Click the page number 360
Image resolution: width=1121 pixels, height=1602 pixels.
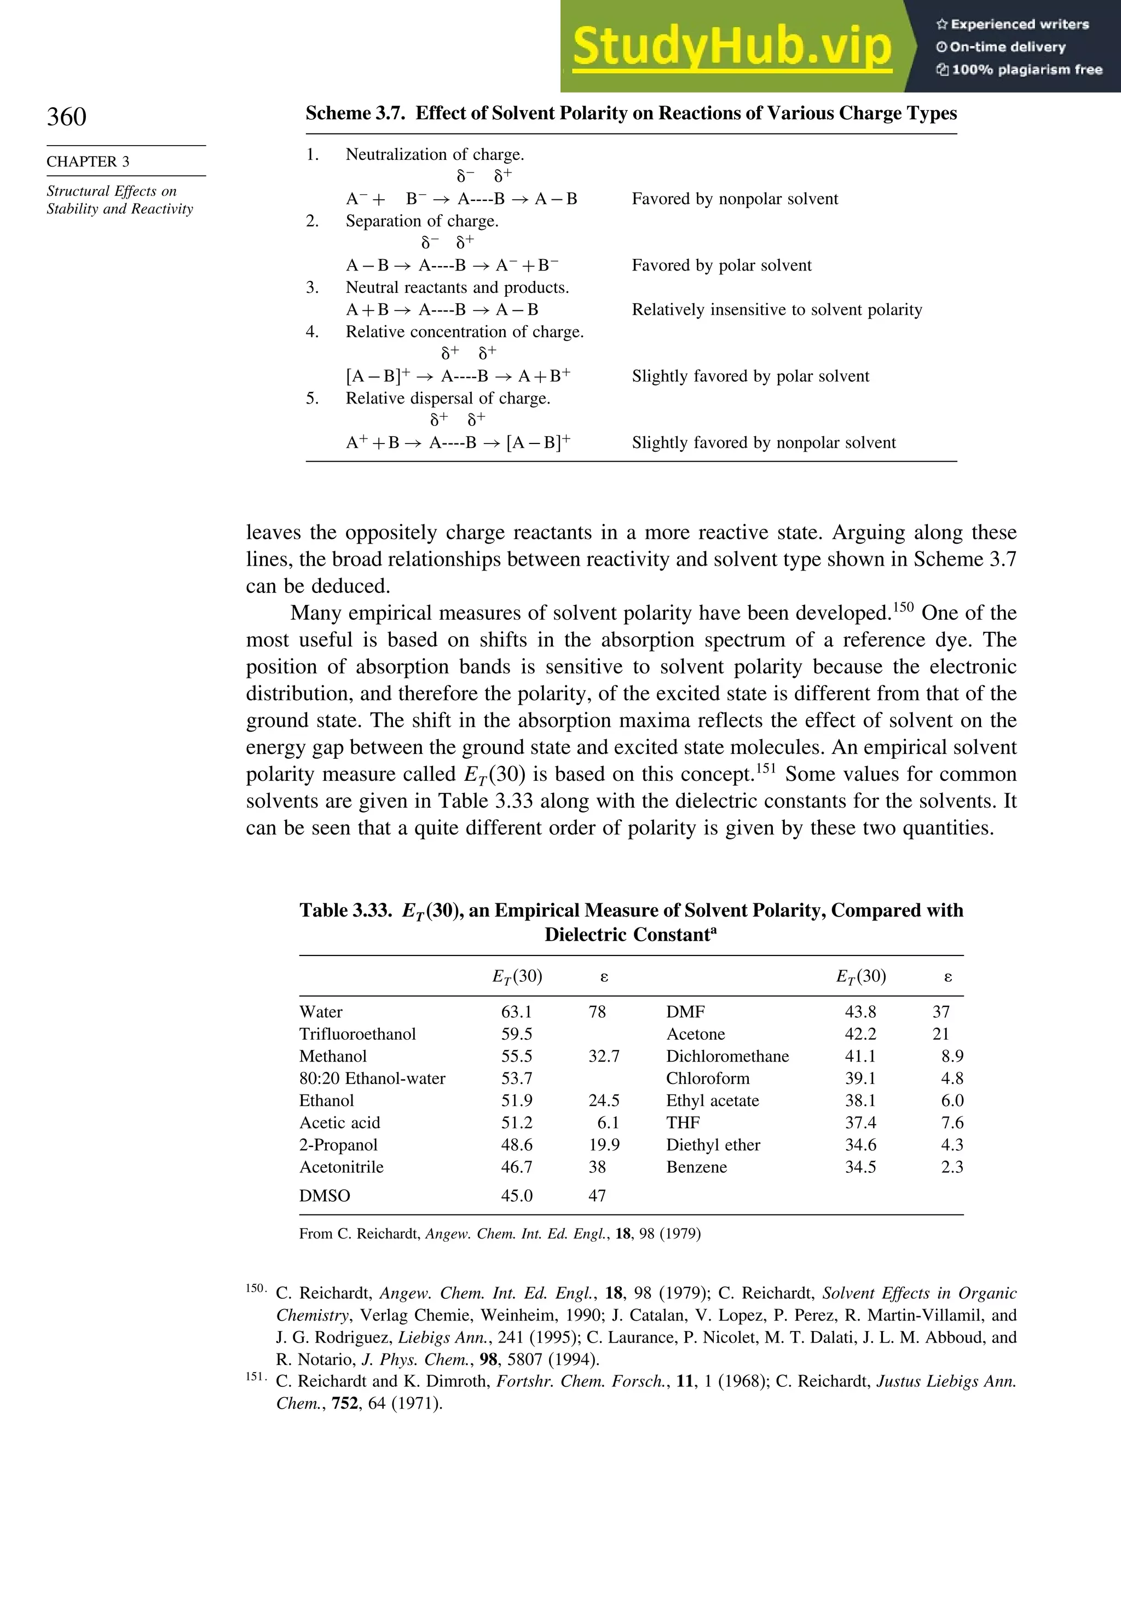[x=67, y=117]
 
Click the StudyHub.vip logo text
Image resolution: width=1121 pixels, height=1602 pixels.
[x=732, y=46]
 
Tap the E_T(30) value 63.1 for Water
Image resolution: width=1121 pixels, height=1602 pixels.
[x=516, y=1012]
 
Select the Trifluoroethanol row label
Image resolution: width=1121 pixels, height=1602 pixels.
[x=357, y=1034]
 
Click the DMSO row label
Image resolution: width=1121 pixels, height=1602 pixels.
[x=325, y=1196]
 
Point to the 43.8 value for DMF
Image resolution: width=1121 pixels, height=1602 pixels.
[x=860, y=1012]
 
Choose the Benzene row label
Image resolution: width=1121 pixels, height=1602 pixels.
[x=696, y=1167]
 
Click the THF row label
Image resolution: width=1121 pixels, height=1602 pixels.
[x=683, y=1122]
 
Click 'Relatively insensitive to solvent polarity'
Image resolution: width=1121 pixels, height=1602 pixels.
[x=776, y=310]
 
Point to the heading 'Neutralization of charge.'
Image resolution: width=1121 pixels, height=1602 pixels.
[x=435, y=154]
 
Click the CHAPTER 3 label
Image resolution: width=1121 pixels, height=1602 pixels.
[x=88, y=162]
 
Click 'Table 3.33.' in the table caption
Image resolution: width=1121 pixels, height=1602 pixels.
[x=346, y=911]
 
